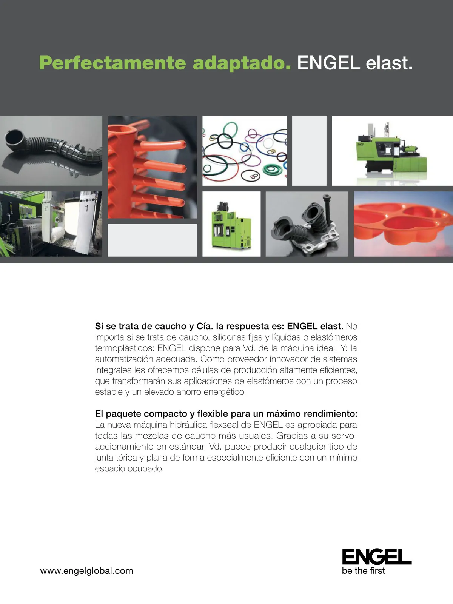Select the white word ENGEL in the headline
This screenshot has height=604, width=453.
(329, 63)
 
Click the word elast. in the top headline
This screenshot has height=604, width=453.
(389, 63)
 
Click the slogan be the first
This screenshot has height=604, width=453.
(363, 571)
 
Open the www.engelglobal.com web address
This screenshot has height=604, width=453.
(86, 571)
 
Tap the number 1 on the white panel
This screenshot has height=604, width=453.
(86, 208)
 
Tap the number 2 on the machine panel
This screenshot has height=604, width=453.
(46, 208)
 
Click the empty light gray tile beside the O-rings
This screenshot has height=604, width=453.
(309, 151)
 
